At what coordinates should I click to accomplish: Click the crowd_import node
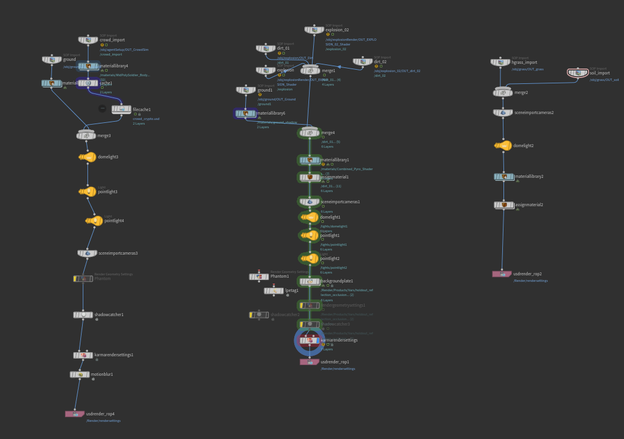pos(88,40)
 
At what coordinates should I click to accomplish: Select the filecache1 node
pos(121,109)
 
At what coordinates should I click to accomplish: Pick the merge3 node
pos(86,136)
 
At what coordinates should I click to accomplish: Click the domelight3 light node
pos(87,157)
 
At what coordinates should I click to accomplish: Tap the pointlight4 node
pos(95,221)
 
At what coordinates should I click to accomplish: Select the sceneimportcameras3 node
pos(87,253)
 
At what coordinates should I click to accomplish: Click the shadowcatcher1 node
pos(83,315)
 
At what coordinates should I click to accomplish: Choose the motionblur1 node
pos(80,375)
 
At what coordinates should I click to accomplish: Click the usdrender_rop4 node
pos(75,414)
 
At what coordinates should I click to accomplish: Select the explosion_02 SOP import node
pos(314,30)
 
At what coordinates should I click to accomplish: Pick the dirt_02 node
pos(363,61)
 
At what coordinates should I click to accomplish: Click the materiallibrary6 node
pos(246,113)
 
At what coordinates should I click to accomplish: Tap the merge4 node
pos(310,133)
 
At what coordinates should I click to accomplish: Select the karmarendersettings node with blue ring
pos(310,340)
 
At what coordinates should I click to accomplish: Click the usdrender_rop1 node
pos(310,362)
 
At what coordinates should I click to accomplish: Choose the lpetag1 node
pos(274,291)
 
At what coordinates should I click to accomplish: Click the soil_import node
pos(578,73)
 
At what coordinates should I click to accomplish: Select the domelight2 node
pos(503,146)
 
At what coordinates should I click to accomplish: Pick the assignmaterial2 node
pos(504,205)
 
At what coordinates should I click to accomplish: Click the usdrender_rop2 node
pos(502,274)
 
